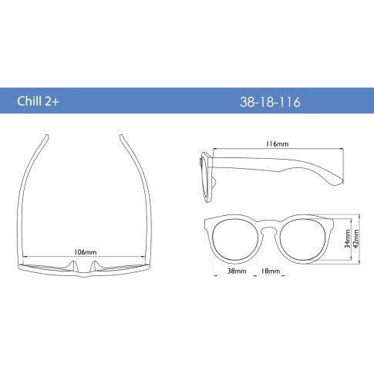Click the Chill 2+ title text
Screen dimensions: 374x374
38,101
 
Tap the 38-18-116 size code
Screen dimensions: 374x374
270,102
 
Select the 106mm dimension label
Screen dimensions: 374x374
86,252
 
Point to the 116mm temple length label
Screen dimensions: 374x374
277,144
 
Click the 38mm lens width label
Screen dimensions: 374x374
237,271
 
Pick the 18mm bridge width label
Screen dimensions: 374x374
271,271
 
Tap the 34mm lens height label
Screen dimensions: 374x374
348,239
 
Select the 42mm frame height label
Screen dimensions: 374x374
356,239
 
